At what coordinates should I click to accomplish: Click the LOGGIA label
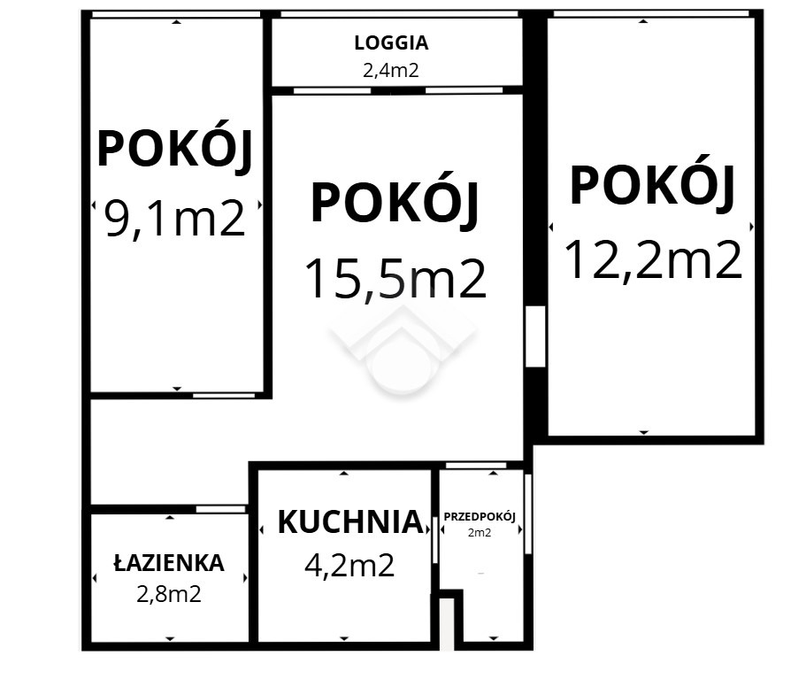391,42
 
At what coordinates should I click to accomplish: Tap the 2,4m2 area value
391,70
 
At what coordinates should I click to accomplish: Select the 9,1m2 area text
175,218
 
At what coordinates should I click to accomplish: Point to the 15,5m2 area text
395,278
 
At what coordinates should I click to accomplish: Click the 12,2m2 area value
653,259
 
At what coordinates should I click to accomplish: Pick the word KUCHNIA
350,522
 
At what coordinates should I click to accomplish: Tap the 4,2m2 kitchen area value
349,566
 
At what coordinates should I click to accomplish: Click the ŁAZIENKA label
169,562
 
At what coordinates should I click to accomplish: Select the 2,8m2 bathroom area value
169,594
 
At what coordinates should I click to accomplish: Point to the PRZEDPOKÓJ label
480,516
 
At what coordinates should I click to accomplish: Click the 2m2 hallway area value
480,533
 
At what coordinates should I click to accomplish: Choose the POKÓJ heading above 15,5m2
395,202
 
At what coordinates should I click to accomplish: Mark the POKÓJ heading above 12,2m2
652,184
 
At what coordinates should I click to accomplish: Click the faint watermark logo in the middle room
403,350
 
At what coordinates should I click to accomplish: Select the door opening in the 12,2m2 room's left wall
535,336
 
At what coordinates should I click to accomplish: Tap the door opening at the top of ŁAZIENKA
221,509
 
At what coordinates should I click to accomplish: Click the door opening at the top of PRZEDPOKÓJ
476,466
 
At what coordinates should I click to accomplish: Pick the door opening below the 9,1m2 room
224,396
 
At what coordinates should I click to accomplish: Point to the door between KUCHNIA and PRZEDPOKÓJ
435,540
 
